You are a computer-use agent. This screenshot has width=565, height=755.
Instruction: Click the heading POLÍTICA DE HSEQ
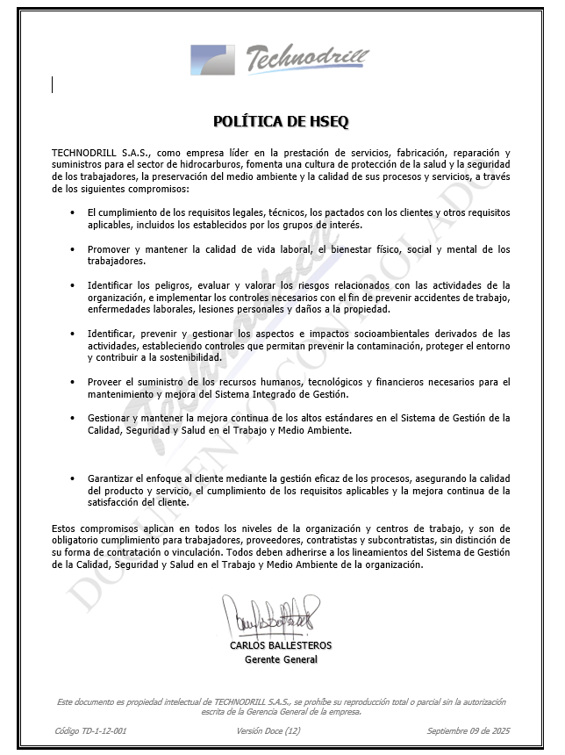pos(282,121)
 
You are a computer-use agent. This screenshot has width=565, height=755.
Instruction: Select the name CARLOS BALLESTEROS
pos(281,645)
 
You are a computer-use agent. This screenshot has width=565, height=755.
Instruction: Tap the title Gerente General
pos(281,659)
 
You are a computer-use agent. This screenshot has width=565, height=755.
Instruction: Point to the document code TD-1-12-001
pos(90,730)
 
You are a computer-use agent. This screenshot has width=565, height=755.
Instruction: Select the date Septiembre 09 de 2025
pos(468,730)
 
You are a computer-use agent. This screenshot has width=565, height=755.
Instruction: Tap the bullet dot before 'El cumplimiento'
pos(72,213)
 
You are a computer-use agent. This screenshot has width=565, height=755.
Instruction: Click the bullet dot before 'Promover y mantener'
pos(72,249)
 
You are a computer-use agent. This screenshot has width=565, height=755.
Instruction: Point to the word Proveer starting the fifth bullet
pos(104,382)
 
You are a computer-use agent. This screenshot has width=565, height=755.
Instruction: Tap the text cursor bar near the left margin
pos(53,84)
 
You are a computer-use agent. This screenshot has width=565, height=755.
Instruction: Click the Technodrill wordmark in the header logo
pos(306,59)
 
